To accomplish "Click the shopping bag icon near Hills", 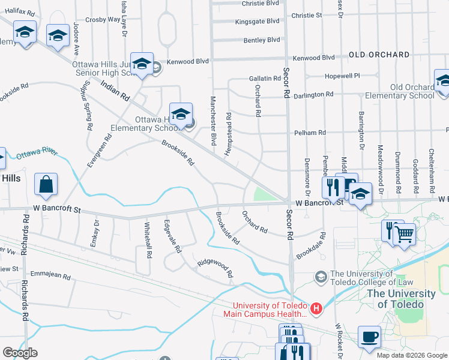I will pyautogui.click(x=46, y=185).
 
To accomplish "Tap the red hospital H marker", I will pyautogui.click(x=316, y=310).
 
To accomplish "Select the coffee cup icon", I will pyautogui.click(x=369, y=337).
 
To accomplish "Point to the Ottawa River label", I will pyautogui.click(x=37, y=153).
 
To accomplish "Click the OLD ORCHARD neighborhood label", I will pyautogui.click(x=379, y=55).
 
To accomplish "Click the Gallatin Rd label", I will pyautogui.click(x=265, y=79).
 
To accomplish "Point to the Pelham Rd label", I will pyautogui.click(x=310, y=132).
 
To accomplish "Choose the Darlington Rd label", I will pyautogui.click(x=313, y=95).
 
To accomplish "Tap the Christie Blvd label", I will pyautogui.click(x=261, y=3).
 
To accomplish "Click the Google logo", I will pyautogui.click(x=20, y=353).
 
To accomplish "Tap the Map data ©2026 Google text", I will pyautogui.click(x=412, y=355).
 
